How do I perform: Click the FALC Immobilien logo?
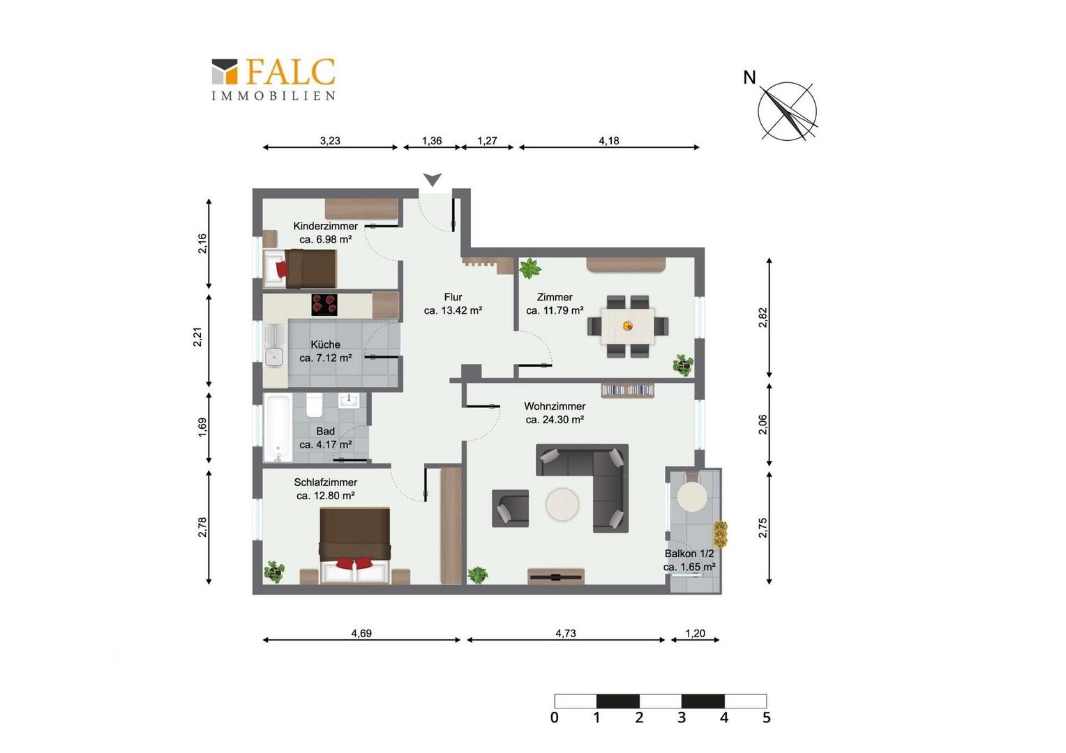tap(273, 79)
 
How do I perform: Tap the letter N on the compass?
tap(749, 77)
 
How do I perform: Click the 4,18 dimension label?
tap(608, 141)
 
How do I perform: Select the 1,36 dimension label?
tap(432, 141)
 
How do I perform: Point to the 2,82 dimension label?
tap(763, 318)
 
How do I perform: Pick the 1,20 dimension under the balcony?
tap(695, 633)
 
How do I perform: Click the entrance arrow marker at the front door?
tap(433, 179)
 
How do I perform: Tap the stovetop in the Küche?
tap(324, 305)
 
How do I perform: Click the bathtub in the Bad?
tap(278, 427)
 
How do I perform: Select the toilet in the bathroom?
tap(315, 405)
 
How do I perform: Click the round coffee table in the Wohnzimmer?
tap(562, 504)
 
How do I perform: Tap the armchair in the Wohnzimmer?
tap(510, 508)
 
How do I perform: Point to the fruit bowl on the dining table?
tap(628, 326)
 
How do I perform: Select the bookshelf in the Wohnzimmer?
tap(628, 390)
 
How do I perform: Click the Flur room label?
tap(453, 297)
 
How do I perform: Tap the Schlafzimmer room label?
tap(326, 482)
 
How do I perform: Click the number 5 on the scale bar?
tap(766, 717)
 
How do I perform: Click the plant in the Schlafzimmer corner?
tap(274, 571)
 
